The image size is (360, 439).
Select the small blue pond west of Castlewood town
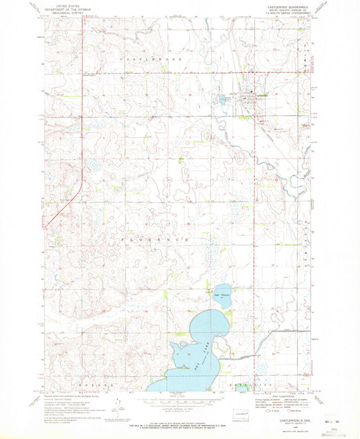pyautogui.click(x=221, y=100)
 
